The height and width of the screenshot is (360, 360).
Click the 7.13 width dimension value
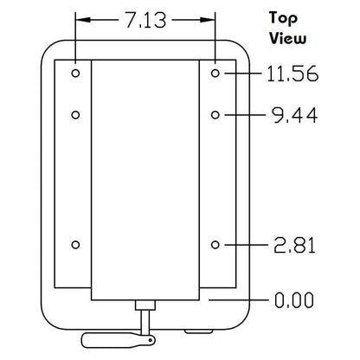point(146,20)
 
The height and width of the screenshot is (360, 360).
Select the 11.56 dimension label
point(292,74)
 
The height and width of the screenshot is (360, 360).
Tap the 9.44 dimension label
point(295,115)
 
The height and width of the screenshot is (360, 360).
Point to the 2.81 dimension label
point(294,245)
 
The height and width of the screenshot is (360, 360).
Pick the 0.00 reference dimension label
point(294,300)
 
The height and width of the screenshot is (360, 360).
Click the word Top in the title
point(283,19)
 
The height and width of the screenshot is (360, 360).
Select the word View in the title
point(287,38)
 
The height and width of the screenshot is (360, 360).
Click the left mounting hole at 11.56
point(75,74)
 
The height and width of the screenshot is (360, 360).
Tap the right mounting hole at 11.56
point(215,74)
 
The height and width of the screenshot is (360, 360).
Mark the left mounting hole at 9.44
point(75,115)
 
